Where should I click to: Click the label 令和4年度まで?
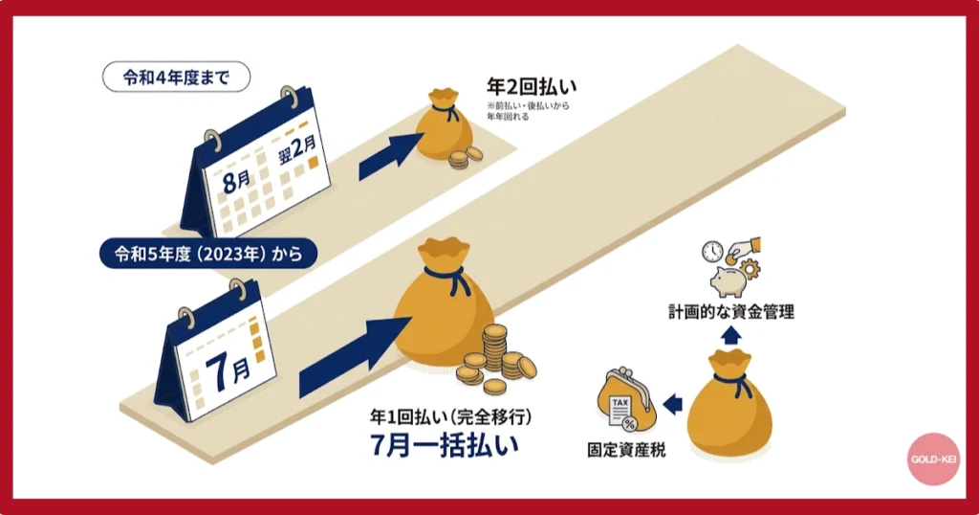[176, 78]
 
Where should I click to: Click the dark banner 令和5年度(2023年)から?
[208, 254]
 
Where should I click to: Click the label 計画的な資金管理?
[730, 312]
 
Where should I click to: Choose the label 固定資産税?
[626, 447]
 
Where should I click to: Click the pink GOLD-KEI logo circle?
[934, 459]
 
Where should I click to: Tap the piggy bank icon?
[729, 278]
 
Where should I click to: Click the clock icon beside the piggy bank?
[711, 252]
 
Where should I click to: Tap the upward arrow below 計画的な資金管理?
[729, 334]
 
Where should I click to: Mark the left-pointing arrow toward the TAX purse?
[672, 403]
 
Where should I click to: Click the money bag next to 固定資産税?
[730, 398]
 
